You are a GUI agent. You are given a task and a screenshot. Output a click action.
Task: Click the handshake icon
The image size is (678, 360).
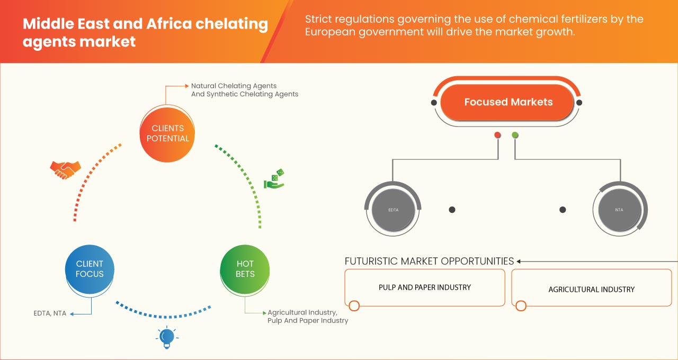pyautogui.click(x=65, y=169)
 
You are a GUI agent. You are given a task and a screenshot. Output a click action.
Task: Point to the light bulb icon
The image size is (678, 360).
pyautogui.click(x=167, y=337)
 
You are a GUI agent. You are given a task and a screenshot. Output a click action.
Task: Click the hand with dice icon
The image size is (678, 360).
pyautogui.click(x=274, y=179)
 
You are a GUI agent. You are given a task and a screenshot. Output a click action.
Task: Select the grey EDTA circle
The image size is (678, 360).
pyautogui.click(x=393, y=210)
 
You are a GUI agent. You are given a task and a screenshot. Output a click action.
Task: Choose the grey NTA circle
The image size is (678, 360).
pyautogui.click(x=619, y=210)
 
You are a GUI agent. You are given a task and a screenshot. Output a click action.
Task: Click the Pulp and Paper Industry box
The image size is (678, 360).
pyautogui.click(x=424, y=287)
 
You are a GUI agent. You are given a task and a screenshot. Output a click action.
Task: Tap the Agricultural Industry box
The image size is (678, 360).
pyautogui.click(x=591, y=289)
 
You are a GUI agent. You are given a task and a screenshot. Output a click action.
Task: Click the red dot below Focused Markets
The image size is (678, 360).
pyautogui.click(x=497, y=136)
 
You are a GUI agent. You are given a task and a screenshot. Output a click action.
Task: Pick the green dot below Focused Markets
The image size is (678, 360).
pyautogui.click(x=515, y=136)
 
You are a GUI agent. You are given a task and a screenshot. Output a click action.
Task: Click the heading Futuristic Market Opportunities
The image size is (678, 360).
pyautogui.click(x=429, y=261)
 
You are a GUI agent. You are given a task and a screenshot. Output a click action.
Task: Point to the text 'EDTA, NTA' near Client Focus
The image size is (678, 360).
pyautogui.click(x=50, y=313)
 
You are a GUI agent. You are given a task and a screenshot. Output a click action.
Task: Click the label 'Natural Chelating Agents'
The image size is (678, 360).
pyautogui.click(x=234, y=85)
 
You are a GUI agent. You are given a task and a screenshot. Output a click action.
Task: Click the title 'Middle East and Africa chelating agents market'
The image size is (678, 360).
pyautogui.click(x=145, y=32)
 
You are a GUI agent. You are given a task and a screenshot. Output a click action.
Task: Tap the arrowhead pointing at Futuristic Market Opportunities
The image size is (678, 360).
pyautogui.click(x=519, y=261)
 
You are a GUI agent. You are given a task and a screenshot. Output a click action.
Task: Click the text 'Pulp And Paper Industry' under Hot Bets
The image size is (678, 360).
pyautogui.click(x=308, y=320)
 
